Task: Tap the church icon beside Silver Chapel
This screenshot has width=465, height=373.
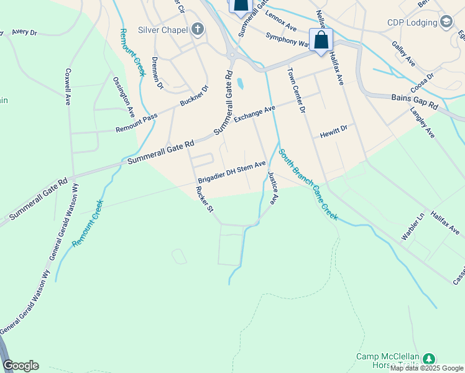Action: click(x=197, y=29)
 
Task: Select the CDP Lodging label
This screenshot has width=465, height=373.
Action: click(x=412, y=23)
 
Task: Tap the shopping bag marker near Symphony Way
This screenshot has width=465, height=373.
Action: click(x=321, y=40)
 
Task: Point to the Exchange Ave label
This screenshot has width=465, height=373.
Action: click(x=254, y=115)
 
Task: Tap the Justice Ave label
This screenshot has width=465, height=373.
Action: click(x=272, y=188)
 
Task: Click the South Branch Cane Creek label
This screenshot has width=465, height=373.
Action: click(x=308, y=184)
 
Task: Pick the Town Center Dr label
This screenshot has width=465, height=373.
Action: click(x=296, y=90)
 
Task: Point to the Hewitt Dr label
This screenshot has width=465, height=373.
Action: click(x=333, y=132)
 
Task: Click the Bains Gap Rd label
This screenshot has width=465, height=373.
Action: click(x=415, y=102)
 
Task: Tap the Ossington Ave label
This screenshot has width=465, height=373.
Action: click(x=124, y=97)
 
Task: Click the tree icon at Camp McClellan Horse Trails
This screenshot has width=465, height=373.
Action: click(x=428, y=359)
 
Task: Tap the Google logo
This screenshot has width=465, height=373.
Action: click(x=21, y=366)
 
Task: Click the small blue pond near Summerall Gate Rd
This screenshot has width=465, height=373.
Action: click(x=240, y=83)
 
